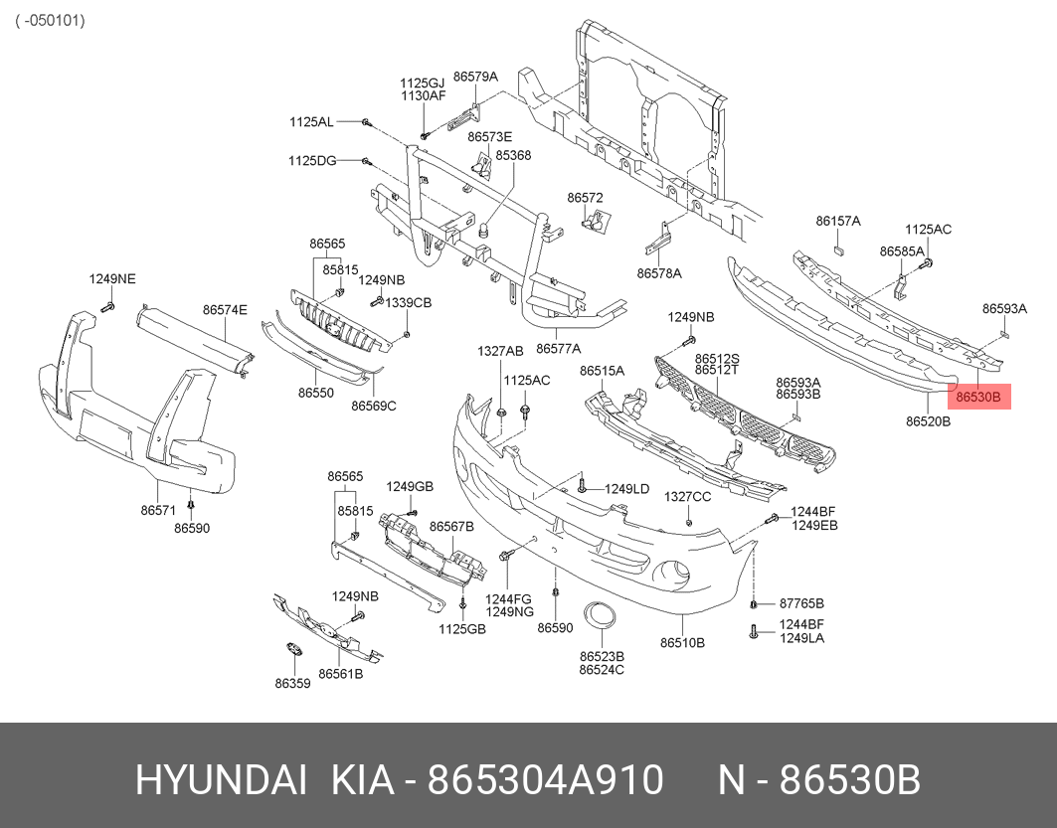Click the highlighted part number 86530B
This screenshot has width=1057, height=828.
pyautogui.click(x=978, y=397)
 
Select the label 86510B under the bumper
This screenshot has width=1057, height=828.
pyautogui.click(x=682, y=643)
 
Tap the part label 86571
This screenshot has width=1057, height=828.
pyautogui.click(x=158, y=510)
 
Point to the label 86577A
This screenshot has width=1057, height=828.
pyautogui.click(x=558, y=348)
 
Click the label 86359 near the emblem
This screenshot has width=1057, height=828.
pyautogui.click(x=292, y=683)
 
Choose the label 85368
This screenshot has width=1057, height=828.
pyautogui.click(x=513, y=155)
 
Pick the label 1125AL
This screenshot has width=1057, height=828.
pyautogui.click(x=311, y=122)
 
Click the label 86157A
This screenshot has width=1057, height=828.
pyautogui.click(x=838, y=221)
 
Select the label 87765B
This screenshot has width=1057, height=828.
pyautogui.click(x=801, y=603)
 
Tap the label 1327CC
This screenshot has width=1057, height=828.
pyautogui.click(x=687, y=497)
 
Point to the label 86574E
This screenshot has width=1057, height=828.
pyautogui.click(x=225, y=310)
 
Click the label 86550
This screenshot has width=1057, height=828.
pyautogui.click(x=316, y=392)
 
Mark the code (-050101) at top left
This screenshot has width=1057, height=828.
pyautogui.click(x=51, y=20)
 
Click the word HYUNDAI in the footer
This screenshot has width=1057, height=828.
pyautogui.click(x=222, y=781)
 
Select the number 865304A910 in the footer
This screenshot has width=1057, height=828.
pyautogui.click(x=546, y=781)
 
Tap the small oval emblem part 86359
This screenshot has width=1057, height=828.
pyautogui.click(x=294, y=650)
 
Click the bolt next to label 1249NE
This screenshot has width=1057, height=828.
pyautogui.click(x=107, y=307)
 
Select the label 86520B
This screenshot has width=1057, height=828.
pyautogui.click(x=929, y=421)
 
